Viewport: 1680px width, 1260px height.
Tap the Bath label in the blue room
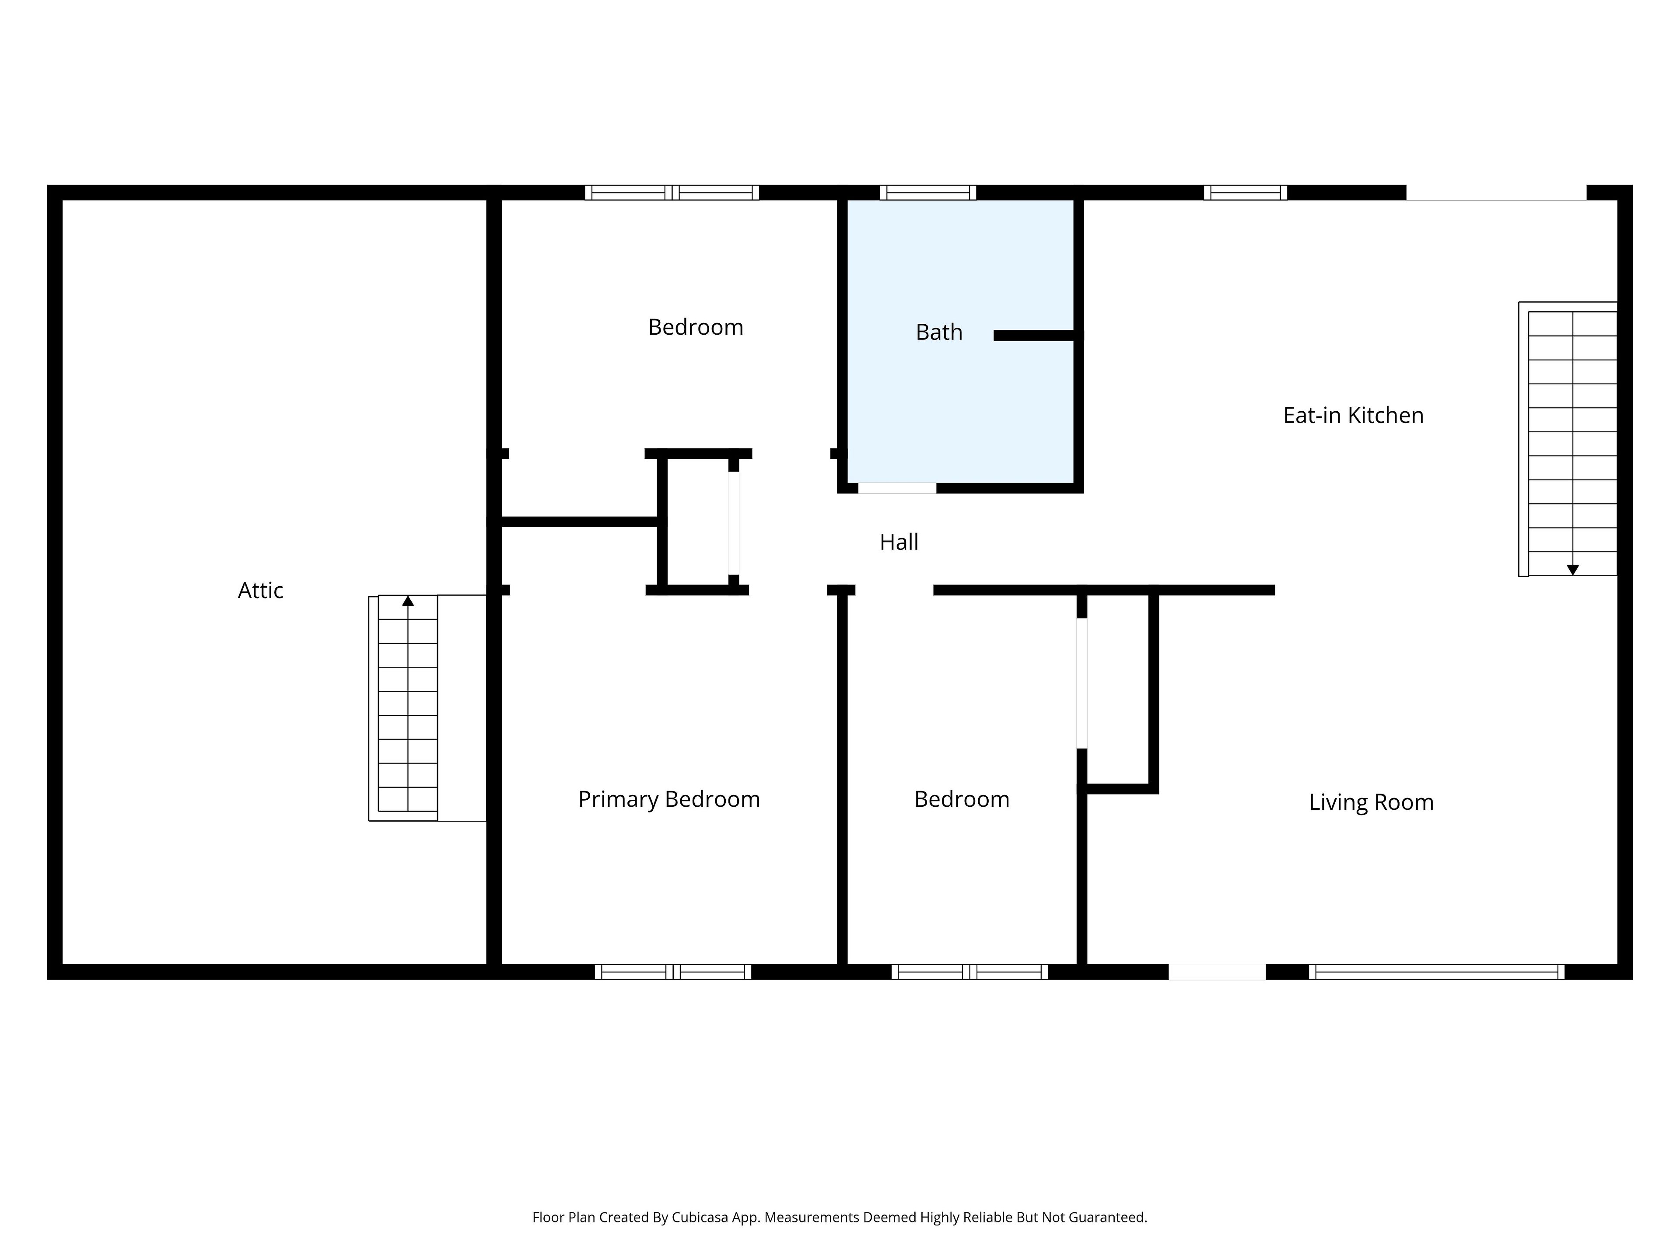(939, 332)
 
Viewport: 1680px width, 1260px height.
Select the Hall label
(899, 542)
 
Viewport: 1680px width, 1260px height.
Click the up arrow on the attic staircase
(408, 601)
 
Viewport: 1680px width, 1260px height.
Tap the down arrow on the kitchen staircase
(1573, 570)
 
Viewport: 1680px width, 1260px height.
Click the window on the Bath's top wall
(928, 193)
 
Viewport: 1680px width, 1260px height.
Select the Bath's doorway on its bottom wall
(897, 488)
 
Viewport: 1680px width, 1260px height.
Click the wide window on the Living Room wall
(1437, 972)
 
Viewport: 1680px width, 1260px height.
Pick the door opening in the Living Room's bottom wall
(1217, 972)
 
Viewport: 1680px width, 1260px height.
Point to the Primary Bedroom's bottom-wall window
(673, 972)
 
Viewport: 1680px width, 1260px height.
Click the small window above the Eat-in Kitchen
(1246, 193)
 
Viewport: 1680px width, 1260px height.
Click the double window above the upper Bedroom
(672, 193)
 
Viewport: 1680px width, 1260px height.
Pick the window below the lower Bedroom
(970, 972)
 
